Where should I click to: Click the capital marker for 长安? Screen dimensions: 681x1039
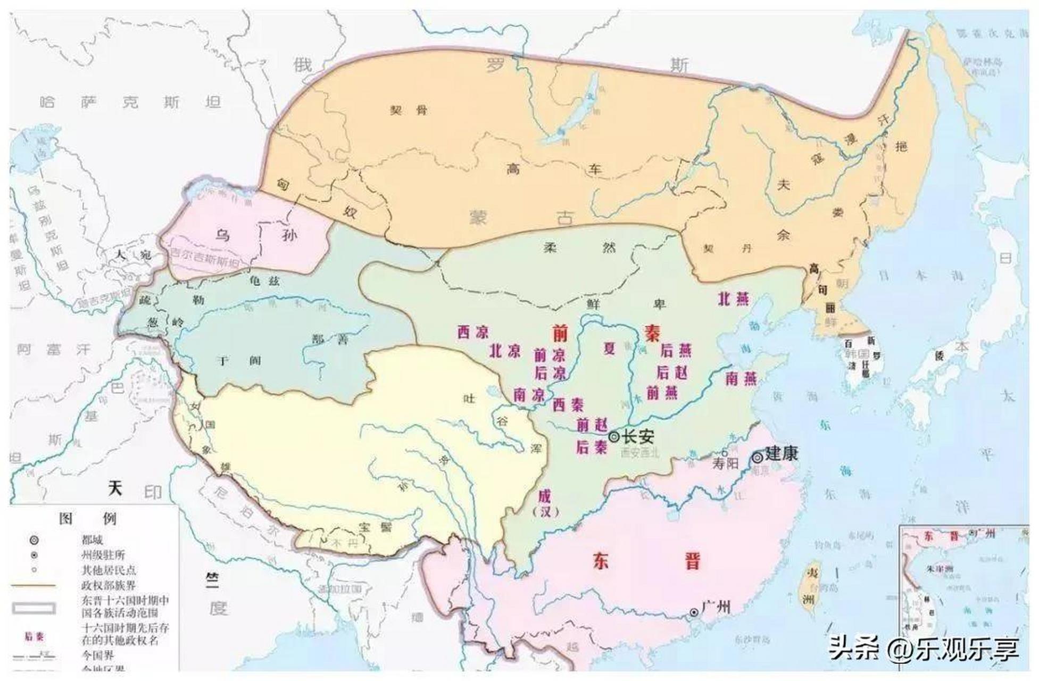point(614,437)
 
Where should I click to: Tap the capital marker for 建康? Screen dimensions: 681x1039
point(757,457)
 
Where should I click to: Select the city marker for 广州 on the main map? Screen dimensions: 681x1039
point(694,612)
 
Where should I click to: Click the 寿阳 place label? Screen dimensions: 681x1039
point(726,463)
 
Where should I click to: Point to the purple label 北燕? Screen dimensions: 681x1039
point(734,299)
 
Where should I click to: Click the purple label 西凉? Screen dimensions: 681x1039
point(473,333)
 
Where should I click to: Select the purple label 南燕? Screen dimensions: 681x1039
point(741,379)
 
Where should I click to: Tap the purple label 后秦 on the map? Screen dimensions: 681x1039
point(591,447)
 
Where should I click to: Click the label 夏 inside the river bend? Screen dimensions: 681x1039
point(609,348)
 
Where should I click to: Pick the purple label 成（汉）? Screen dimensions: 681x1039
point(545,503)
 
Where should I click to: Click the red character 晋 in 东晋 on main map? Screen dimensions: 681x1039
point(692,562)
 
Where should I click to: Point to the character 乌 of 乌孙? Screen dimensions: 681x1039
point(222,235)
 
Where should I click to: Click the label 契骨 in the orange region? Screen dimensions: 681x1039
point(409,110)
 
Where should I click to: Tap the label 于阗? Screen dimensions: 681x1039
point(240,361)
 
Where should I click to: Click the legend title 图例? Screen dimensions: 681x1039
point(88,518)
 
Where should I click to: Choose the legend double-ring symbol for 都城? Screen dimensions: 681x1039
point(34,540)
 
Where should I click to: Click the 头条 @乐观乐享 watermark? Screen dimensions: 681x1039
point(924,649)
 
